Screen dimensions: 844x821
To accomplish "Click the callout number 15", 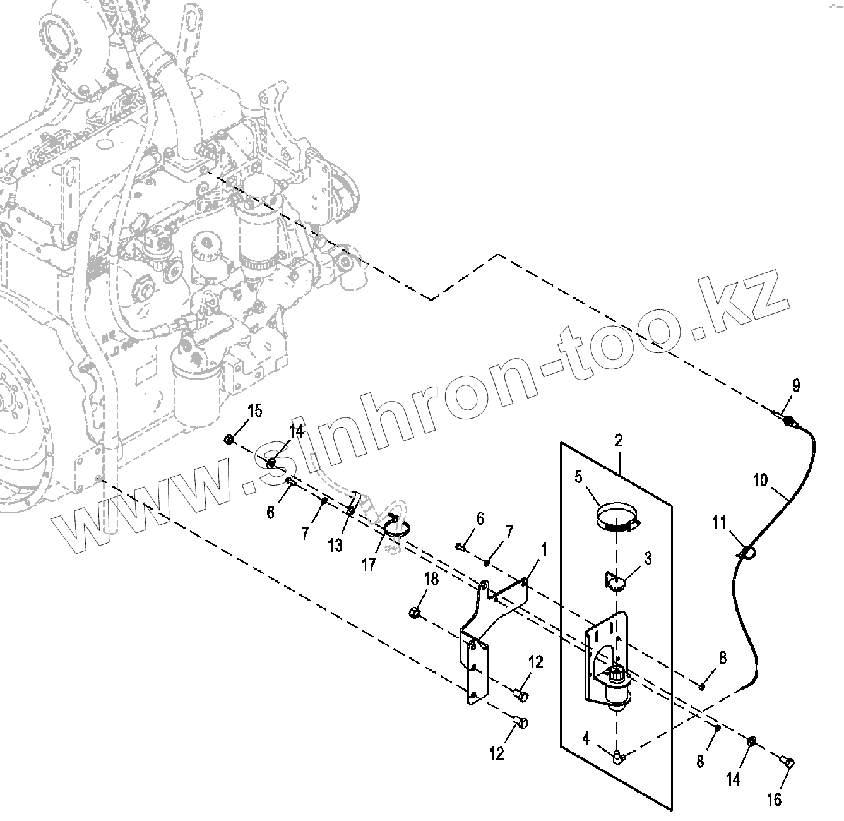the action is tap(254, 410).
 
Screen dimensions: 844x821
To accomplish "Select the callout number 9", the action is tap(795, 385).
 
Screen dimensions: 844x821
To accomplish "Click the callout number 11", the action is tap(720, 523).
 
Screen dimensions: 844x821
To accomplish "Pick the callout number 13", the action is tap(335, 545).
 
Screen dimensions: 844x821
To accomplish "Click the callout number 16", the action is tap(774, 800).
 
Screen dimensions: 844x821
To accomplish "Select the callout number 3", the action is tap(648, 558).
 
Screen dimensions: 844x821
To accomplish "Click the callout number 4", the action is tap(586, 738).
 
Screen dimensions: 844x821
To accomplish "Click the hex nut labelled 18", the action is tap(415, 611).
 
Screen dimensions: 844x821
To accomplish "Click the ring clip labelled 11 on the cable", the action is tap(746, 553).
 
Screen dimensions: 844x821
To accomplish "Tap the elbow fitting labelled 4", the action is tap(617, 755).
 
